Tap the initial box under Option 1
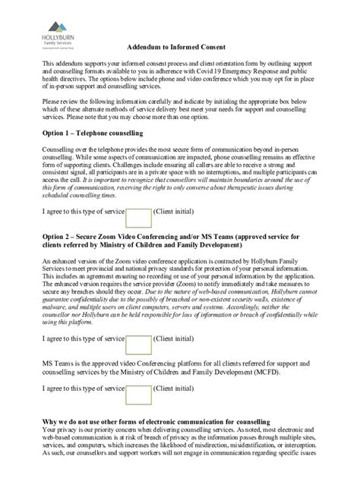(x=138, y=218)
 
